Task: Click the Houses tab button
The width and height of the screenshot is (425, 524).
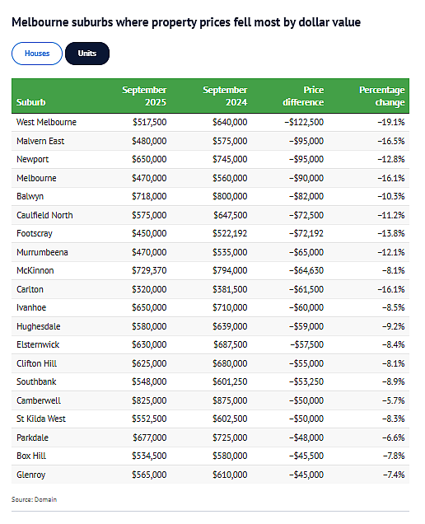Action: point(37,54)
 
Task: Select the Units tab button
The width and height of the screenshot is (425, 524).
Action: point(87,54)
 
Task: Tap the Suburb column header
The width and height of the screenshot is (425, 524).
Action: point(30,102)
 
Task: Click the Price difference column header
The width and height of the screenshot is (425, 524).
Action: point(303,96)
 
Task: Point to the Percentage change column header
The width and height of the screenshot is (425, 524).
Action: point(382,96)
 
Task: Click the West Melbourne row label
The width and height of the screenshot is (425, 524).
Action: point(46,122)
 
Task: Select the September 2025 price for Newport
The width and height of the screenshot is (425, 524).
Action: point(149,159)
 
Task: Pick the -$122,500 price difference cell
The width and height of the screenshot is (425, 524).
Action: point(304,122)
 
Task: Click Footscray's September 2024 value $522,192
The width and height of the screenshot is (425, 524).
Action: point(230,234)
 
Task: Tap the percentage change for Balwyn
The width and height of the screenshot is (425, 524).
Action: point(391,196)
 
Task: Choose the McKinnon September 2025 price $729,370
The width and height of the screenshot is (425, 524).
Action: point(149,271)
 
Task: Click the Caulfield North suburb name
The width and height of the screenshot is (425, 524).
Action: point(44,215)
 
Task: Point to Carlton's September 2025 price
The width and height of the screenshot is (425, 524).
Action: point(149,289)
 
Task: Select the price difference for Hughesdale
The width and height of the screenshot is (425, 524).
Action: point(306,326)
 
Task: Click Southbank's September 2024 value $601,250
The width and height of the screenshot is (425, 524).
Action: point(230,382)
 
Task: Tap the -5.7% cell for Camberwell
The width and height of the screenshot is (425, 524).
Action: point(393,400)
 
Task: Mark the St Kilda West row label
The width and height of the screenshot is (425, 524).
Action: point(41,419)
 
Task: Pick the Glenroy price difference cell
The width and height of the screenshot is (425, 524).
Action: point(306,475)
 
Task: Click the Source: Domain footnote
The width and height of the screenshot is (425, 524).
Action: point(34,499)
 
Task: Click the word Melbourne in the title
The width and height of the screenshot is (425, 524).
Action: point(40,22)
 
